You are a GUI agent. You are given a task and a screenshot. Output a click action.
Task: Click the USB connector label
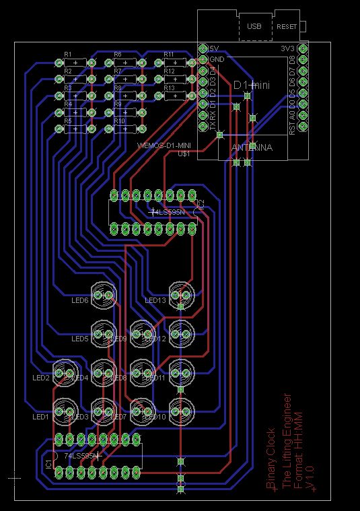tap(254, 26)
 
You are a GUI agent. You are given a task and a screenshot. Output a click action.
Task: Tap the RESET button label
tap(287, 26)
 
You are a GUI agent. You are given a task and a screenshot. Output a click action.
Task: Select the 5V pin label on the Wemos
tap(215, 48)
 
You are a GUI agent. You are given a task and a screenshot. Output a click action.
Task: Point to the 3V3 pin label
tap(288, 48)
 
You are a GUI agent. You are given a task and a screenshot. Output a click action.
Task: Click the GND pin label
tap(217, 59)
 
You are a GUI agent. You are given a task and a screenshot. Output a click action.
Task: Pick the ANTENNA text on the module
tap(252, 147)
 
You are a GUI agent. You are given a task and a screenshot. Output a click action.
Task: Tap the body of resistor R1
tap(75, 62)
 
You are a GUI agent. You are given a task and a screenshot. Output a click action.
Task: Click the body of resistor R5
tap(75, 129)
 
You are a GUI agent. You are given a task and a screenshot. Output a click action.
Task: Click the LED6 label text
tap(80, 300)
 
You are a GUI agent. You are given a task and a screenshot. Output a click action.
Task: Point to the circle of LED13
tap(181, 294)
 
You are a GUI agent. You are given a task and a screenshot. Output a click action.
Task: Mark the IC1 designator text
tap(48, 465)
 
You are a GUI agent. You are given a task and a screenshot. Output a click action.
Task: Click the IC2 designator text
tap(200, 203)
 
